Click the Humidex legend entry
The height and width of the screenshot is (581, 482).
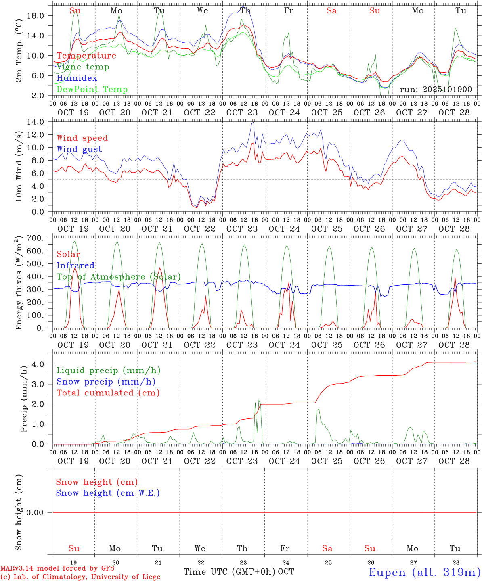click(77, 78)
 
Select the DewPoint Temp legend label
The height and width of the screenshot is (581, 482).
click(92, 89)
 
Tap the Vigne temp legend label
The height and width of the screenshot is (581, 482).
click(83, 67)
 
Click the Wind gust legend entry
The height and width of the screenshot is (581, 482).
click(79, 149)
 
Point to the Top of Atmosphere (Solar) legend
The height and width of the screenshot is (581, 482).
click(118, 277)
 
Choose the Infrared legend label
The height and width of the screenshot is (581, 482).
click(75, 265)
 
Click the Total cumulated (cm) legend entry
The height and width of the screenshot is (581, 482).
click(108, 393)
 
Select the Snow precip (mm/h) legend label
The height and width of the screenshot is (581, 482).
click(106, 382)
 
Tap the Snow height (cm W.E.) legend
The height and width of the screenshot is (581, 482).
click(108, 493)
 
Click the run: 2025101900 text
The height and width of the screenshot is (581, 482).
click(436, 89)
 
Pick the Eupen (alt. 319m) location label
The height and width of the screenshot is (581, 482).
click(424, 572)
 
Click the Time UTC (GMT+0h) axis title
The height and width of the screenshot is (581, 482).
click(229, 572)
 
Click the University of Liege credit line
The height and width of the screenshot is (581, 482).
click(80, 577)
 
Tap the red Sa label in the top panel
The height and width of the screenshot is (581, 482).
click(331, 11)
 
